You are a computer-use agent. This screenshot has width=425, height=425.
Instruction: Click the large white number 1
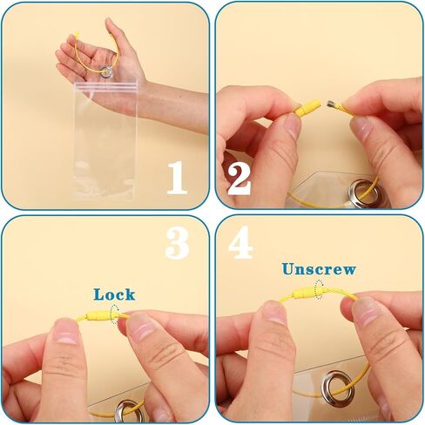(177, 178)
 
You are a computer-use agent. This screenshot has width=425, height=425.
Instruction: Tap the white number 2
(239, 179)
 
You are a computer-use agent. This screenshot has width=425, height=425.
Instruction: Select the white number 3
(178, 243)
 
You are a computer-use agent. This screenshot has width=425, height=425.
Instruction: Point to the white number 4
(240, 242)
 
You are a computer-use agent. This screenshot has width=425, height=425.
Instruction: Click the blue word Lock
(114, 294)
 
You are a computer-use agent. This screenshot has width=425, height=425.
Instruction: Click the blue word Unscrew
(319, 269)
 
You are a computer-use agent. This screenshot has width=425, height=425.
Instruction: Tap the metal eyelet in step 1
(106, 71)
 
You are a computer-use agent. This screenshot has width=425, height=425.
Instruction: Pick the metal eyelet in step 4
(338, 387)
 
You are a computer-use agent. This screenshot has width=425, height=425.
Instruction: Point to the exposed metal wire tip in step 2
(331, 105)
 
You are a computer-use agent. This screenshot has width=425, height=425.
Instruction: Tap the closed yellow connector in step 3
(99, 316)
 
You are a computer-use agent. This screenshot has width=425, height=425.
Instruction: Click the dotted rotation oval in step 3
(115, 314)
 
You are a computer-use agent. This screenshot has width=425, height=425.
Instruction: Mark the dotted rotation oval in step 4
(319, 289)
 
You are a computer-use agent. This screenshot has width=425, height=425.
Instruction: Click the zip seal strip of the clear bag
(106, 86)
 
